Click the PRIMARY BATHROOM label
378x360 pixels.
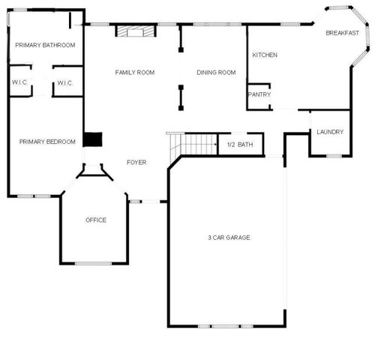[46, 45]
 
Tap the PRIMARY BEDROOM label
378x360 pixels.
[47, 142]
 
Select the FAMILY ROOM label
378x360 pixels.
[135, 73]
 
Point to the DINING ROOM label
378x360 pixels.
[216, 73]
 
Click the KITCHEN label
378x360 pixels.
[265, 55]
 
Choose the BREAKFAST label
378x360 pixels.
[341, 33]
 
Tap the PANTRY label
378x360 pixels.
[259, 95]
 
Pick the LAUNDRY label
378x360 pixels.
[330, 132]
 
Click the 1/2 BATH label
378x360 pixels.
[240, 145]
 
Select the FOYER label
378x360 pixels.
[136, 163]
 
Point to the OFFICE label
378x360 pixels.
[96, 220]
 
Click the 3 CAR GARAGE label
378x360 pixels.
[229, 238]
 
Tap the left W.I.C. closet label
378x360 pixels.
[19, 83]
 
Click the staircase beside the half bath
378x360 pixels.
[196, 143]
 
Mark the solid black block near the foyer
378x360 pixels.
[91, 140]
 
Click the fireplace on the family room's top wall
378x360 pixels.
[133, 31]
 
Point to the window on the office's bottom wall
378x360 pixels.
[94, 263]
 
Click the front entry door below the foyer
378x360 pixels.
[148, 202]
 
